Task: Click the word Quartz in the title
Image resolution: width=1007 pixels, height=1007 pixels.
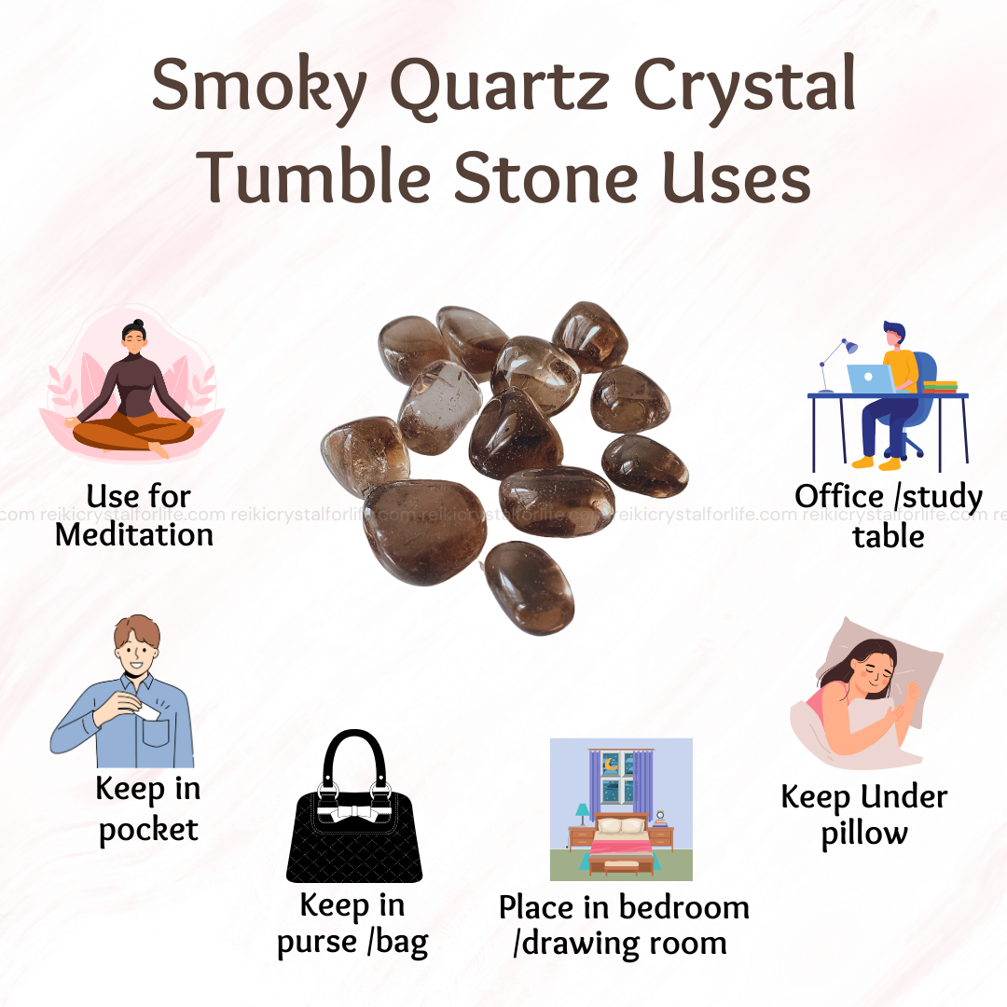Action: pos(500,86)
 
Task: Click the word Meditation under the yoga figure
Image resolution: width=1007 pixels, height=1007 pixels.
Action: pos(133,535)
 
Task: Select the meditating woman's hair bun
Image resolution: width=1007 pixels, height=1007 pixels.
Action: pos(137,324)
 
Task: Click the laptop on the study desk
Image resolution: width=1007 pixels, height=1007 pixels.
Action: pos(871,379)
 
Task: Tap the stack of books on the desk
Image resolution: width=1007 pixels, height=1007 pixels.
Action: pos(940,387)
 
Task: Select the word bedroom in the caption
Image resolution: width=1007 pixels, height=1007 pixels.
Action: pos(684,907)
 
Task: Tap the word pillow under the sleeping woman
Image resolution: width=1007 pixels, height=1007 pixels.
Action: pos(864,835)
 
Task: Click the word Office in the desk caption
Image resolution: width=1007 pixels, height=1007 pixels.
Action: pos(839,496)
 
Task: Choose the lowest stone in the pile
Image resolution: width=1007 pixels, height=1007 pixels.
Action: pos(530,587)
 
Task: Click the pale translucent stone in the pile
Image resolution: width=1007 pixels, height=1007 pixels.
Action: pos(440,407)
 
